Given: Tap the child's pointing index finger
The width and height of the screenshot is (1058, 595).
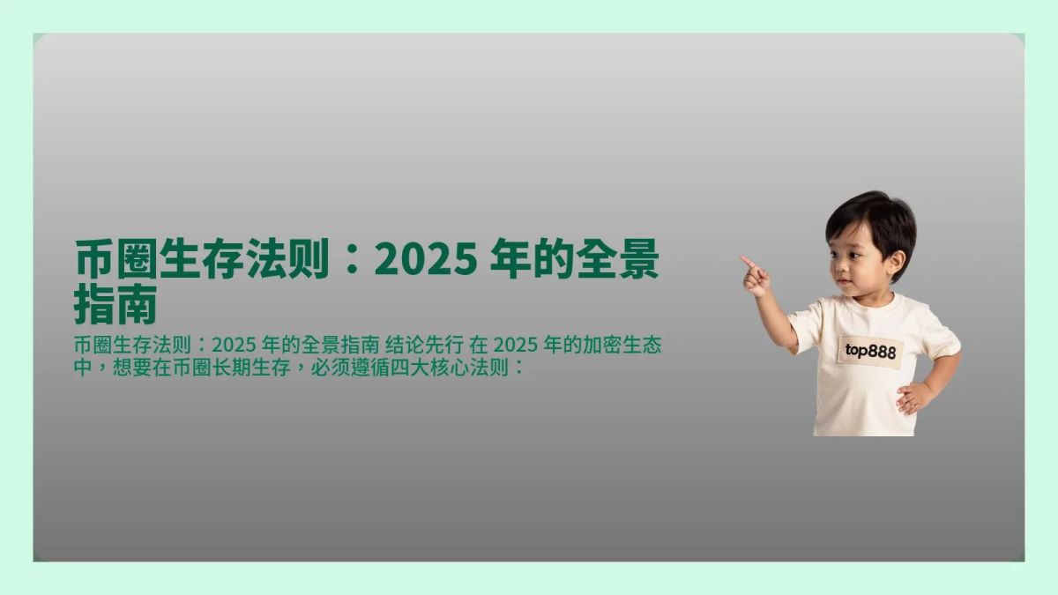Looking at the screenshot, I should (x=747, y=262).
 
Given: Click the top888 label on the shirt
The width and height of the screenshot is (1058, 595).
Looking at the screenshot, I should (x=870, y=351).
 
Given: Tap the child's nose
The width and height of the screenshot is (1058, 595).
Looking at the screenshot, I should (x=838, y=270).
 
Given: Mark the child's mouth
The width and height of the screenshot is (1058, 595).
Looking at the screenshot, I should (x=843, y=284).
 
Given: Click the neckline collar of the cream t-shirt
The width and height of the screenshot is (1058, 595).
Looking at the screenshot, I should (x=868, y=305).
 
